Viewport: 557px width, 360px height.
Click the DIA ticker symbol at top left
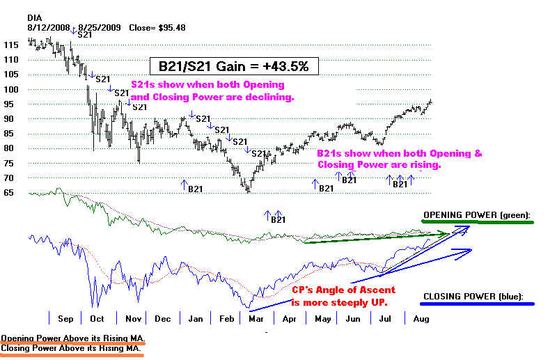(36, 17)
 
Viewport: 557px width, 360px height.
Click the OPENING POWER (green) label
(477, 214)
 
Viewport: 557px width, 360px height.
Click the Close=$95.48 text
(152, 28)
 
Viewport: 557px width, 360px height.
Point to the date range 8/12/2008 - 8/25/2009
(74, 28)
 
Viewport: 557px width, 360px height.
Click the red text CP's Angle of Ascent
(338, 290)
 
